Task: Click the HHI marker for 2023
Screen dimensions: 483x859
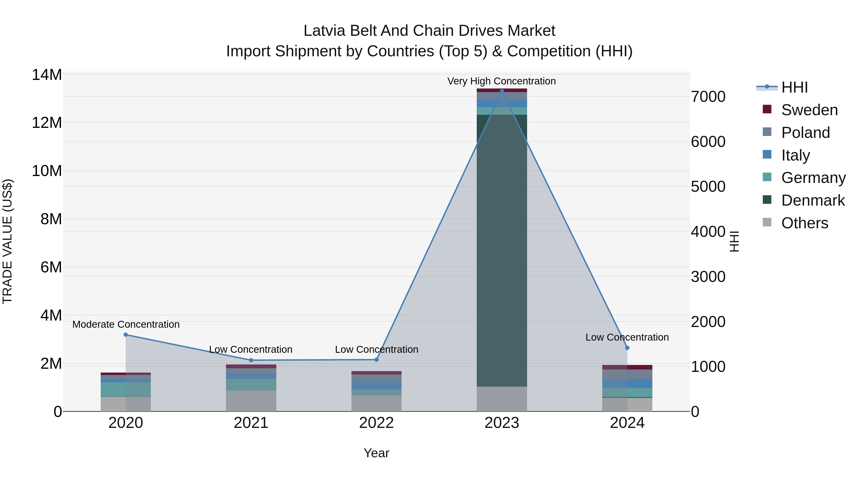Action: pos(502,91)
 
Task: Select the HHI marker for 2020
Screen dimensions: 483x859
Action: pos(126,335)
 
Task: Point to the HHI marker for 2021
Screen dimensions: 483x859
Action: pos(251,360)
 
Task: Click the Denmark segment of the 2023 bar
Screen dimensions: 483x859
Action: pos(502,250)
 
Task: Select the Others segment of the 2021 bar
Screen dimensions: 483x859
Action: pos(251,401)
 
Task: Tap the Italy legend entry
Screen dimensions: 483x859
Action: pos(795,155)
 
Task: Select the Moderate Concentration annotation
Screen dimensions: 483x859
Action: pos(126,324)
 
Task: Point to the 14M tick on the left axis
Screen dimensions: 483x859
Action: pos(47,75)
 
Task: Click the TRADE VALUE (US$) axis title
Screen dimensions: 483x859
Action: pos(7,241)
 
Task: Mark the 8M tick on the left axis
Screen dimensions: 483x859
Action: pos(51,219)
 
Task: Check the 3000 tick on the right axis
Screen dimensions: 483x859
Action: pos(708,277)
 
